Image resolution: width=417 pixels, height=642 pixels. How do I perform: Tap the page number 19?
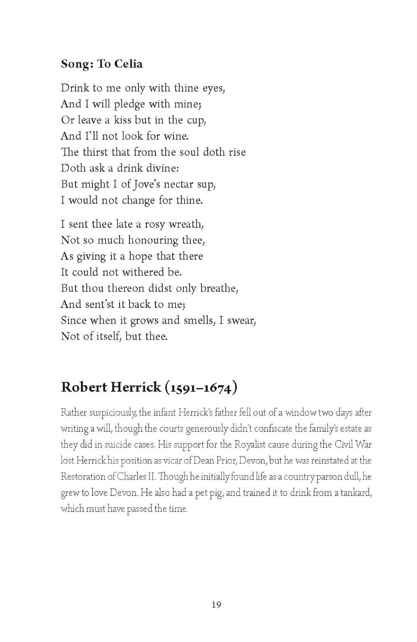point(216,605)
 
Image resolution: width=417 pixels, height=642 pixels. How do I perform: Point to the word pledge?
point(129,104)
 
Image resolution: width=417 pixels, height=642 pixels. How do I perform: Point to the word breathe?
point(219,288)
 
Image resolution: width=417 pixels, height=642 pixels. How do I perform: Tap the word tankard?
point(356,493)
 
